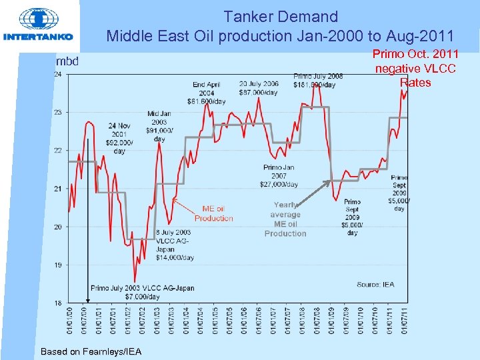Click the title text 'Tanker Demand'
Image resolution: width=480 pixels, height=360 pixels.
[x=281, y=16]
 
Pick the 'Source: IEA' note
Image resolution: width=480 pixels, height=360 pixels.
[x=375, y=285]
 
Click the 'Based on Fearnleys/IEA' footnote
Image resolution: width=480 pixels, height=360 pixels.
[x=91, y=351]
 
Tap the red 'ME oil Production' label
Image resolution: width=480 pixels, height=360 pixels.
[x=214, y=213]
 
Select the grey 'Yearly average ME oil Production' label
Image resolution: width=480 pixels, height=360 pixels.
[x=285, y=219]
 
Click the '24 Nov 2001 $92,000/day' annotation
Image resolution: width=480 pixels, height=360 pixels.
[x=119, y=138]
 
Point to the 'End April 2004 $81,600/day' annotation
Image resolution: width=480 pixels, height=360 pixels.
[x=207, y=93]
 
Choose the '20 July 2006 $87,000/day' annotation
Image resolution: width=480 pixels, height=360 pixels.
[x=259, y=88]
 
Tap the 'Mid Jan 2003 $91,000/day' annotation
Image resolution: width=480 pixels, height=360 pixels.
[x=159, y=126]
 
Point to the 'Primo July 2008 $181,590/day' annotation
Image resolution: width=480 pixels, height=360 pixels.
[x=318, y=81]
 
